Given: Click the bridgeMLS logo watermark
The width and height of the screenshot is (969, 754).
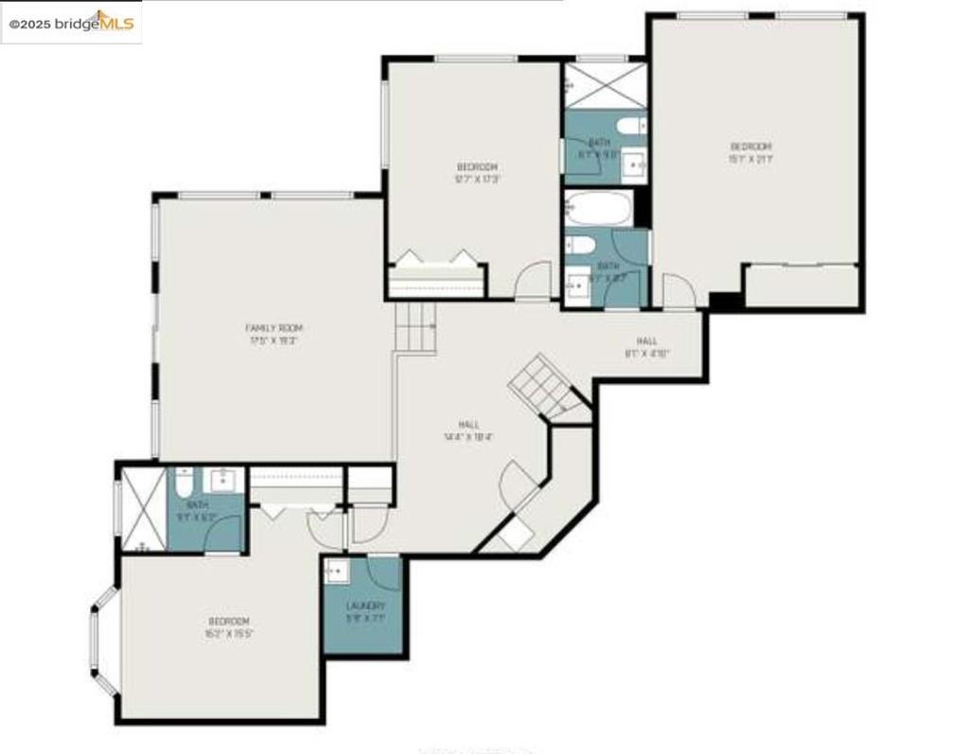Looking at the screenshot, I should coord(71,23).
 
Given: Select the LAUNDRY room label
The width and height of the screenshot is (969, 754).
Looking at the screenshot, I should coord(365,605).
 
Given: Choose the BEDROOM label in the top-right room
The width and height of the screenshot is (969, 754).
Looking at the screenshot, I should coord(750,147).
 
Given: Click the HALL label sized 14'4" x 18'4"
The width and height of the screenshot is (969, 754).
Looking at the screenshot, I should coord(468,425).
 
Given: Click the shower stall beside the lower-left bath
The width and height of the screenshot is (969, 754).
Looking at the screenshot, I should coord(142,511).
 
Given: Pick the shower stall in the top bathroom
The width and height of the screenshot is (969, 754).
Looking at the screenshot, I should coord(605,85).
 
